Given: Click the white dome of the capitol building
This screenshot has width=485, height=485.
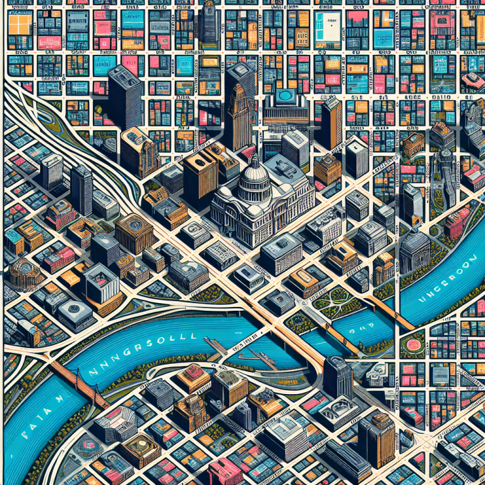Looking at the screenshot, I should [256, 170].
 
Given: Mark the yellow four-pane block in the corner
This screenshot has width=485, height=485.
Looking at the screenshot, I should [21, 24].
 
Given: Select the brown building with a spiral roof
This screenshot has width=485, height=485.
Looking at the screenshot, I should [133, 231].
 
